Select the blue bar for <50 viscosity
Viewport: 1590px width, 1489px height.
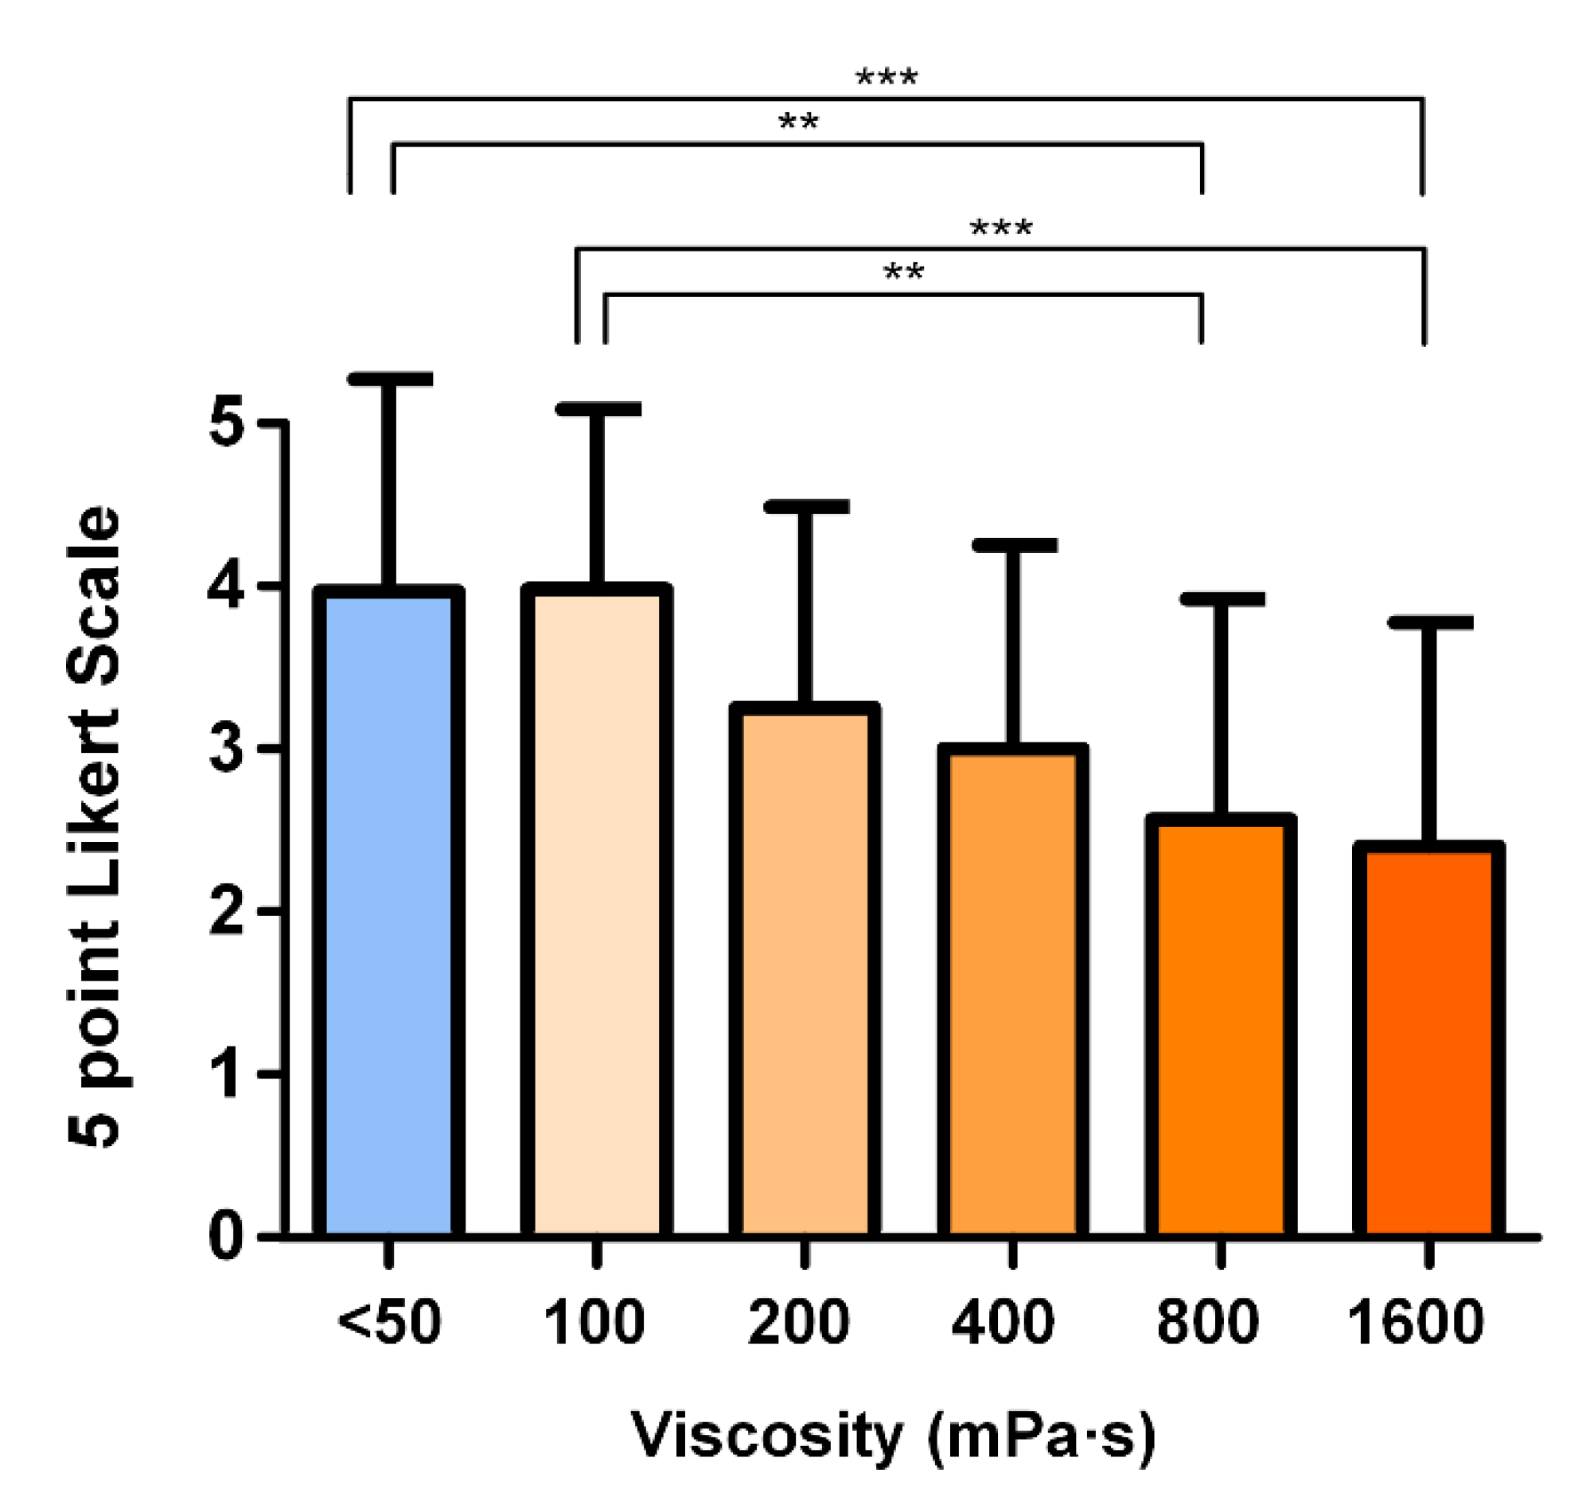click(x=388, y=912)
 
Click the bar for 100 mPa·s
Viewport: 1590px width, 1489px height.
click(x=596, y=912)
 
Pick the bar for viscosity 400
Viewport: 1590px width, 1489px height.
click(x=1012, y=992)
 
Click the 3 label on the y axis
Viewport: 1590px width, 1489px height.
click(x=225, y=749)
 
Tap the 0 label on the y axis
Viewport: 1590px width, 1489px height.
click(x=225, y=1237)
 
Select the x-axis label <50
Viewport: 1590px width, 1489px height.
click(x=388, y=1323)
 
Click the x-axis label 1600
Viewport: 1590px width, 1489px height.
click(x=1416, y=1323)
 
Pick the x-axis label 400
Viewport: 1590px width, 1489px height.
click(x=1003, y=1323)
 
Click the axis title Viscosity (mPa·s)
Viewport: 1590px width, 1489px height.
click(x=894, y=1436)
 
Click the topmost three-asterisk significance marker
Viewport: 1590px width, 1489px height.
click(x=887, y=78)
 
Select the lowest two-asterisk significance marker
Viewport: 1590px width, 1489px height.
click(x=903, y=272)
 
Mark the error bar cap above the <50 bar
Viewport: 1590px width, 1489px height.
click(x=388, y=379)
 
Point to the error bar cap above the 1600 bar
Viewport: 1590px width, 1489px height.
click(x=1429, y=623)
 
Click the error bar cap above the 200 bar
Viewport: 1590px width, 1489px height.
click(x=805, y=506)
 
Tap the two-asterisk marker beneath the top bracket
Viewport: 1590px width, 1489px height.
click(x=798, y=123)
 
